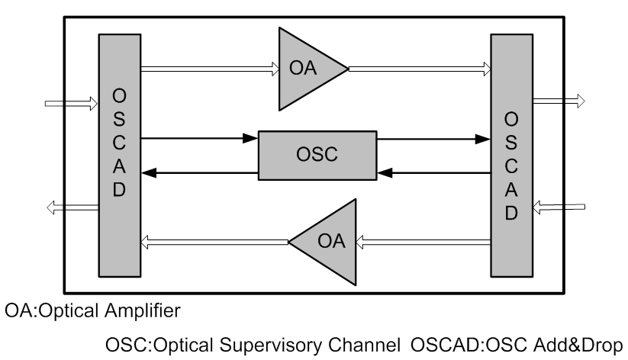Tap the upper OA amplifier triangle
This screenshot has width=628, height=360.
click(306, 69)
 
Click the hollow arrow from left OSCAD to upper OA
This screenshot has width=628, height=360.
click(210, 69)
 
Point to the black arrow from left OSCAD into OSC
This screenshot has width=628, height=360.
click(199, 139)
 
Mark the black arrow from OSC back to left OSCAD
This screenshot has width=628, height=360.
click(199, 173)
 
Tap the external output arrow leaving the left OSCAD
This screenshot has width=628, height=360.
click(72, 205)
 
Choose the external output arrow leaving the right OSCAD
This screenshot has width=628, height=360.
click(559, 100)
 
